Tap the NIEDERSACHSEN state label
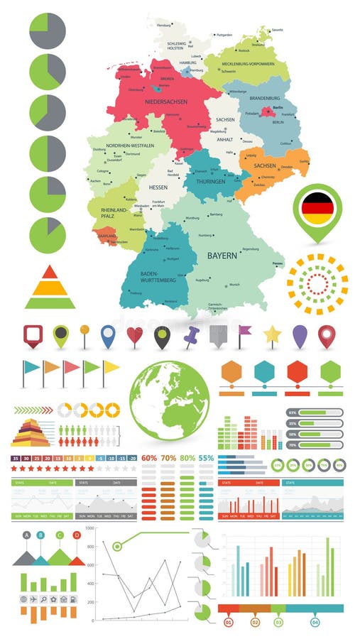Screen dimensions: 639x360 coord(165,102)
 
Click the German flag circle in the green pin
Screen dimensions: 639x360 coord(317,207)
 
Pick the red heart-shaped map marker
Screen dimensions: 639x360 coord(135,336)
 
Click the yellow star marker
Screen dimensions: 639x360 coord(273,334)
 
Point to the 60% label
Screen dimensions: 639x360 coord(149,458)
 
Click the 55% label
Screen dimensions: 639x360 coord(206,458)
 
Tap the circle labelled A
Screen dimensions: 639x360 coord(27,535)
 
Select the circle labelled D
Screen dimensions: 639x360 coord(77,535)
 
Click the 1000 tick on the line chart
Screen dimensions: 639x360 coord(89,529)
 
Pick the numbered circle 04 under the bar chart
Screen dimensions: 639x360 coord(315,622)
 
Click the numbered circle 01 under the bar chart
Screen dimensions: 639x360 coord(228,622)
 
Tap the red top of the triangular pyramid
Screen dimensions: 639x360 coord(49,271)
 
